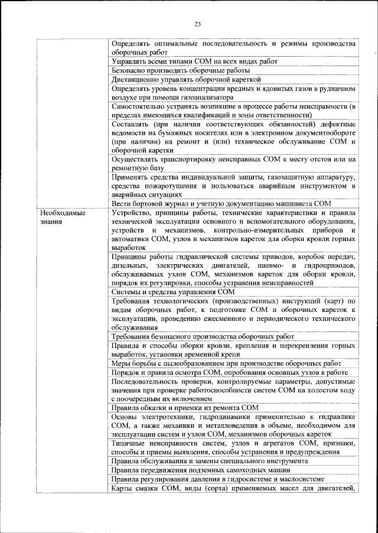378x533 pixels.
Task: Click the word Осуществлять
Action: click(x=136, y=160)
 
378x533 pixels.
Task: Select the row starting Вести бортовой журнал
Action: click(x=221, y=204)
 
